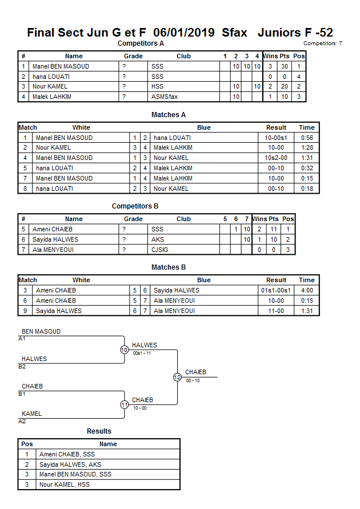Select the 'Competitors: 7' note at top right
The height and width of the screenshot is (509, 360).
[x=322, y=43]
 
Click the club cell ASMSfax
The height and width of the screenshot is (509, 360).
[x=165, y=97]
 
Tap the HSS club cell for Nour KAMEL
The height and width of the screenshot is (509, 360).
[x=157, y=87]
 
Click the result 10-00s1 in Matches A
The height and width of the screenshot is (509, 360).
[x=276, y=138]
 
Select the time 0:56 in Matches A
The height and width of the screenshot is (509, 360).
[x=306, y=138]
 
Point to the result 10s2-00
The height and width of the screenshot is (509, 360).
[x=276, y=158]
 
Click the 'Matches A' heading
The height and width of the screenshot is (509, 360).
[x=168, y=115]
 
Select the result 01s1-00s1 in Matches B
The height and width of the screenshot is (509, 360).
[x=276, y=290]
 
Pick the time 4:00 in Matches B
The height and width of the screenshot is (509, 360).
[x=306, y=290]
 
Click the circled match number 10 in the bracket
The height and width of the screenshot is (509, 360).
[x=124, y=350]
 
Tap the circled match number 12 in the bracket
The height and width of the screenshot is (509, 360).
[x=177, y=377]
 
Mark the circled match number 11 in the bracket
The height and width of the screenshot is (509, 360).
[x=124, y=404]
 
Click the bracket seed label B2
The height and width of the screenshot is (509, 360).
[x=22, y=366]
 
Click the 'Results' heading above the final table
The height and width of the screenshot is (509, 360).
[x=99, y=431]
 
